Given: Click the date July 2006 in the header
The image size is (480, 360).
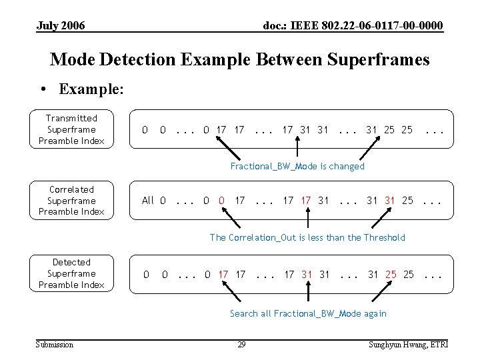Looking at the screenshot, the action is (61, 25).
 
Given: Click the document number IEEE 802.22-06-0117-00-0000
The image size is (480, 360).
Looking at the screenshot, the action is (353, 25).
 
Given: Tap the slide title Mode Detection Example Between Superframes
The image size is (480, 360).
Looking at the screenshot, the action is (240, 59).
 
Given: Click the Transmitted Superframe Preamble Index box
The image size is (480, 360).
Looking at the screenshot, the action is (71, 129).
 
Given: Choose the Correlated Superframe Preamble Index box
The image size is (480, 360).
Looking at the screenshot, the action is (71, 201).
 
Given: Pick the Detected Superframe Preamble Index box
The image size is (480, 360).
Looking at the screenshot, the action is (71, 273).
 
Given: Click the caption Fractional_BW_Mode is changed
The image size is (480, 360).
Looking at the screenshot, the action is (297, 166).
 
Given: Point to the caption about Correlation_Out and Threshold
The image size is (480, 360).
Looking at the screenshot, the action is (307, 237).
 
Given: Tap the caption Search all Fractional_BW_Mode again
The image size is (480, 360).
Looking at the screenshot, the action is (308, 313).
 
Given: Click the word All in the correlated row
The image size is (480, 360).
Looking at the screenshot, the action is (148, 200).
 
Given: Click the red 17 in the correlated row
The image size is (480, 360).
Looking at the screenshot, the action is (306, 200).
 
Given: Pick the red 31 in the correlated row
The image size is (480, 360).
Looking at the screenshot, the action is (390, 200).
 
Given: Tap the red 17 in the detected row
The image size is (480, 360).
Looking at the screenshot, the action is (223, 274).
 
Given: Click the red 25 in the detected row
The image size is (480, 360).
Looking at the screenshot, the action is (391, 274).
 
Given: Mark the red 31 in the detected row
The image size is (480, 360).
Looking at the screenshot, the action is (307, 274).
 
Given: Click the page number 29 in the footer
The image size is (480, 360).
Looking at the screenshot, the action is (241, 344).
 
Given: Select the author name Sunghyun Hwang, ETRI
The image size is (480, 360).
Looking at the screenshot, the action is (408, 344).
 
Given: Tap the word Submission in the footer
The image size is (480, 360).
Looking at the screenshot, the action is (55, 344).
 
